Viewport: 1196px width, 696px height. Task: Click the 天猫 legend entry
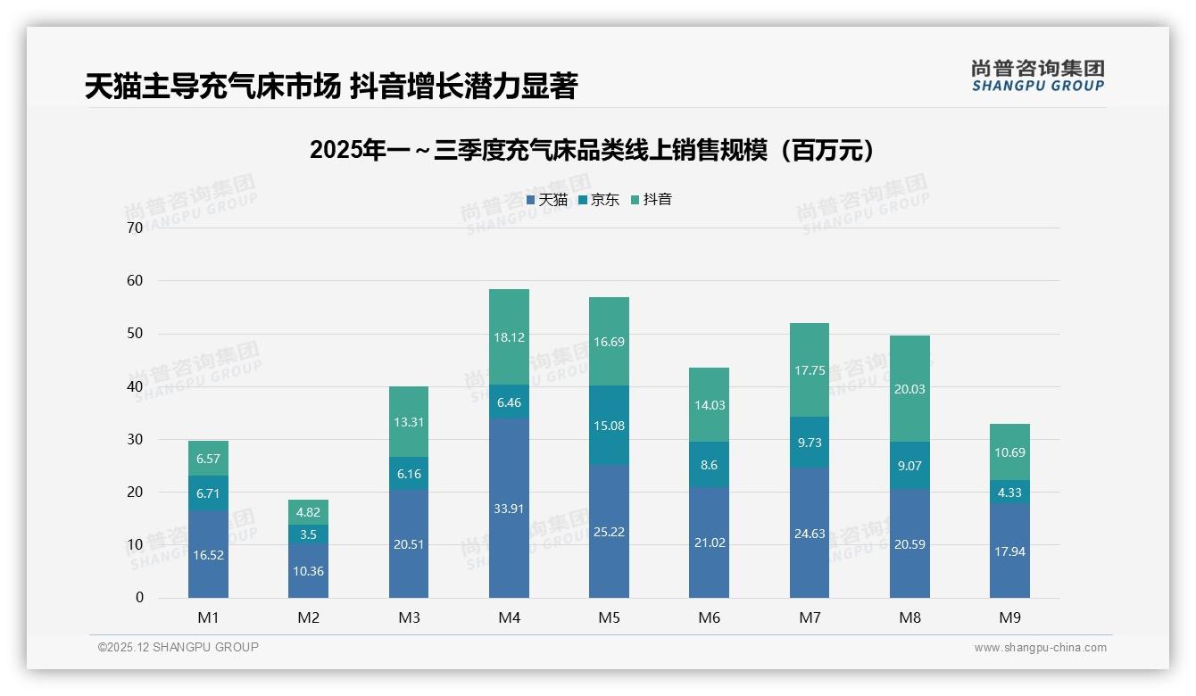547,200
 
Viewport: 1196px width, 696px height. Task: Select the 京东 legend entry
599,200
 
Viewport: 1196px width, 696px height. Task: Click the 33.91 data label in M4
509,509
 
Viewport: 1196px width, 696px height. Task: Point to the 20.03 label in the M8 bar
909,389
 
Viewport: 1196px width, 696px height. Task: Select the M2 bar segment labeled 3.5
308,534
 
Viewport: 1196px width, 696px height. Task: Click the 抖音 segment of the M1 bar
208,459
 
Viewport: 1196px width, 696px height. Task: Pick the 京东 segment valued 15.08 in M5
610,426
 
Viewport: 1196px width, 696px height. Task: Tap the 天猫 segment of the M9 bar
1009,551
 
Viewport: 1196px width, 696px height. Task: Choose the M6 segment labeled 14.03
710,405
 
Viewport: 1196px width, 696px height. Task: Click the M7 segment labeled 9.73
810,443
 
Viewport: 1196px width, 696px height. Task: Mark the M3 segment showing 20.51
409,544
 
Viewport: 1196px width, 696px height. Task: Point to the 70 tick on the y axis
135,228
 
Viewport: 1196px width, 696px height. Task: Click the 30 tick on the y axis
135,439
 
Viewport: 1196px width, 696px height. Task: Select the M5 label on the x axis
610,617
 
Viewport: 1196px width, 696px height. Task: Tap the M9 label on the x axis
1009,617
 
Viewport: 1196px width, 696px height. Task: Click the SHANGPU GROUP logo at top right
1037,76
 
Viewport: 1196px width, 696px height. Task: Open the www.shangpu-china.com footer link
1040,648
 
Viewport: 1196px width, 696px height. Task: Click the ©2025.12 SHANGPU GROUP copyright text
179,648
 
